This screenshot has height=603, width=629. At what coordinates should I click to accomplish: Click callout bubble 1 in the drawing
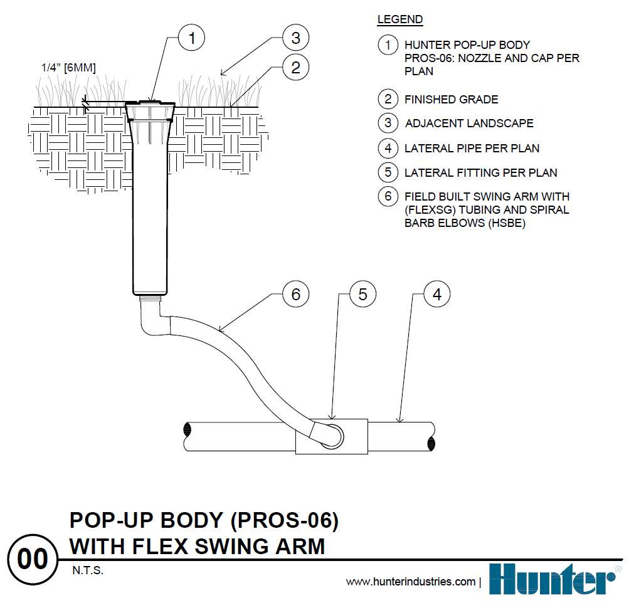point(192,38)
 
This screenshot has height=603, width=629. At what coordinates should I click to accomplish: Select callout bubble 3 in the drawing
point(295,38)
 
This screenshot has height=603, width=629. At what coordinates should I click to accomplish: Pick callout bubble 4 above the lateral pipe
point(437,294)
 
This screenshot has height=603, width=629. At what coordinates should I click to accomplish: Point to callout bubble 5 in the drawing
point(362,294)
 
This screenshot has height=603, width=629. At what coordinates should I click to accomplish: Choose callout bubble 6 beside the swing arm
point(295,294)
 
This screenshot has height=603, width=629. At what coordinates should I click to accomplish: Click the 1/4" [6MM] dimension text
point(68,68)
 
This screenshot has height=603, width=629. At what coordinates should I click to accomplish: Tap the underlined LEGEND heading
point(400,19)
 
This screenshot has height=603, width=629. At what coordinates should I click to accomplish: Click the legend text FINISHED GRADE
point(452,100)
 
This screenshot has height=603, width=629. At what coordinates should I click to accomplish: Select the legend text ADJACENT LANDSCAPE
point(469,123)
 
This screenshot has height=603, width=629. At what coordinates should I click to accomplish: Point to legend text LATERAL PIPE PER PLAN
point(472,149)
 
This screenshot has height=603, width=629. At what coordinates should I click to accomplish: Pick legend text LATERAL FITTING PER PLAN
point(480,172)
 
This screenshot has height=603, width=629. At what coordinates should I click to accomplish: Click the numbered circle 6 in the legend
point(388,196)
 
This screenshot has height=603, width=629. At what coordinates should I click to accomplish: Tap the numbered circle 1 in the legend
point(388,45)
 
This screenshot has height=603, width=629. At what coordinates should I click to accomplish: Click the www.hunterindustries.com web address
point(411,582)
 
